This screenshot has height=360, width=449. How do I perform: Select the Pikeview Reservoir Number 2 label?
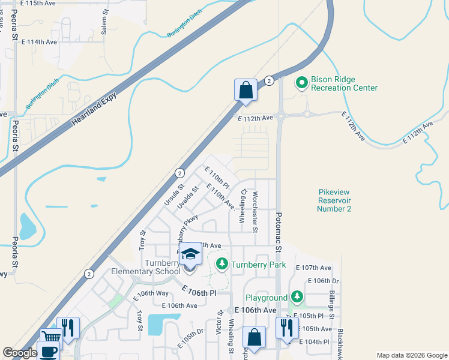tap(334, 200)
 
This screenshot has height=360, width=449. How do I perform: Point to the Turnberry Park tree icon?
tap(222, 264)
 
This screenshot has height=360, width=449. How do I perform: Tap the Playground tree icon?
tap(297, 296)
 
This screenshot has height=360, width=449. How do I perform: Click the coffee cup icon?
tap(47, 351)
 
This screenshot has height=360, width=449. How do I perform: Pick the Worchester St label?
tap(255, 212)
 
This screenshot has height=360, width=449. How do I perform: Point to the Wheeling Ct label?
tap(244, 206)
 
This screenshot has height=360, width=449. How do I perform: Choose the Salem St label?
tap(104, 25)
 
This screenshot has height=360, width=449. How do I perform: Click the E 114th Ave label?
tap(39, 42)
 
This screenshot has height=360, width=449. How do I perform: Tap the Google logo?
tap(19, 353)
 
